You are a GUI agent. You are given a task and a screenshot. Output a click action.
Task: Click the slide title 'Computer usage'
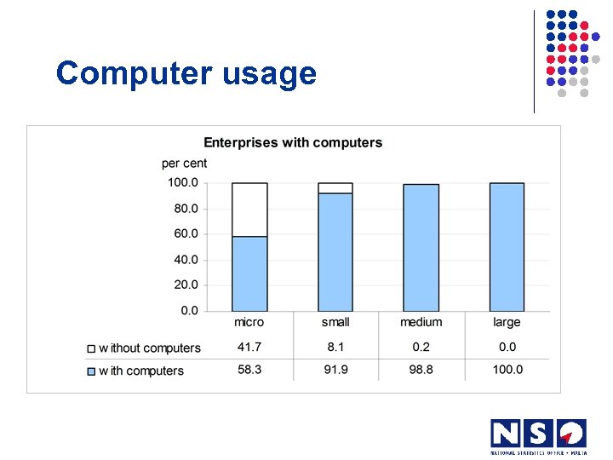pyautogui.click(x=186, y=74)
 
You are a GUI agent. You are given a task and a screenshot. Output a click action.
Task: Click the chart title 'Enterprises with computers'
pyautogui.click(x=293, y=143)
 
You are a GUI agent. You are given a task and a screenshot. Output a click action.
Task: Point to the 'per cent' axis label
pyautogui.click(x=184, y=163)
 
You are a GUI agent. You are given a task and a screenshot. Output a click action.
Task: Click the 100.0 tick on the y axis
pyautogui.click(x=182, y=182)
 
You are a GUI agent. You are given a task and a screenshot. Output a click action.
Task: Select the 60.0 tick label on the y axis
pyautogui.click(x=182, y=233)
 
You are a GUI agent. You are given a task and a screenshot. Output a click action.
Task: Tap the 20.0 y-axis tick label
pyautogui.click(x=182, y=285)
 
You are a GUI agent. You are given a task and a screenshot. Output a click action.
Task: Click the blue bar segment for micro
pyautogui.click(x=249, y=273)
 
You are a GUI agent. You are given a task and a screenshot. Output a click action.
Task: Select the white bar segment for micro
pyautogui.click(x=249, y=210)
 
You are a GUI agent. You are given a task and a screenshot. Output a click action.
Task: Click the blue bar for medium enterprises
pyautogui.click(x=421, y=248)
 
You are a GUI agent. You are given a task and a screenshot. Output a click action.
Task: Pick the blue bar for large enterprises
pyautogui.click(x=507, y=247)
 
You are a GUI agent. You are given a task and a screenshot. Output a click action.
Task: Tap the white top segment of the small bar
pyautogui.click(x=335, y=188)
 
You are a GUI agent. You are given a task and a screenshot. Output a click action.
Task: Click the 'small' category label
pyautogui.click(x=335, y=322)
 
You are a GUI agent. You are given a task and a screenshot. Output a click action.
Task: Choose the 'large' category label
pyautogui.click(x=507, y=322)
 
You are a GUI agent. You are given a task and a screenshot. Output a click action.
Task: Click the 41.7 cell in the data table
pyautogui.click(x=249, y=347)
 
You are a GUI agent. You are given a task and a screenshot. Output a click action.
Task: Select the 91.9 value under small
pyautogui.click(x=335, y=370)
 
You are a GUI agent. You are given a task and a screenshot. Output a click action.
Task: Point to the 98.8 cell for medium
pyautogui.click(x=421, y=370)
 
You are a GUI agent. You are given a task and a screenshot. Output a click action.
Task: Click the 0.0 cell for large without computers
pyautogui.click(x=507, y=347)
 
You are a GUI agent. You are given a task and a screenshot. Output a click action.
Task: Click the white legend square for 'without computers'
pyautogui.click(x=91, y=348)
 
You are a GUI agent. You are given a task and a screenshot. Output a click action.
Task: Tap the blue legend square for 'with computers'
pyautogui.click(x=91, y=371)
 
